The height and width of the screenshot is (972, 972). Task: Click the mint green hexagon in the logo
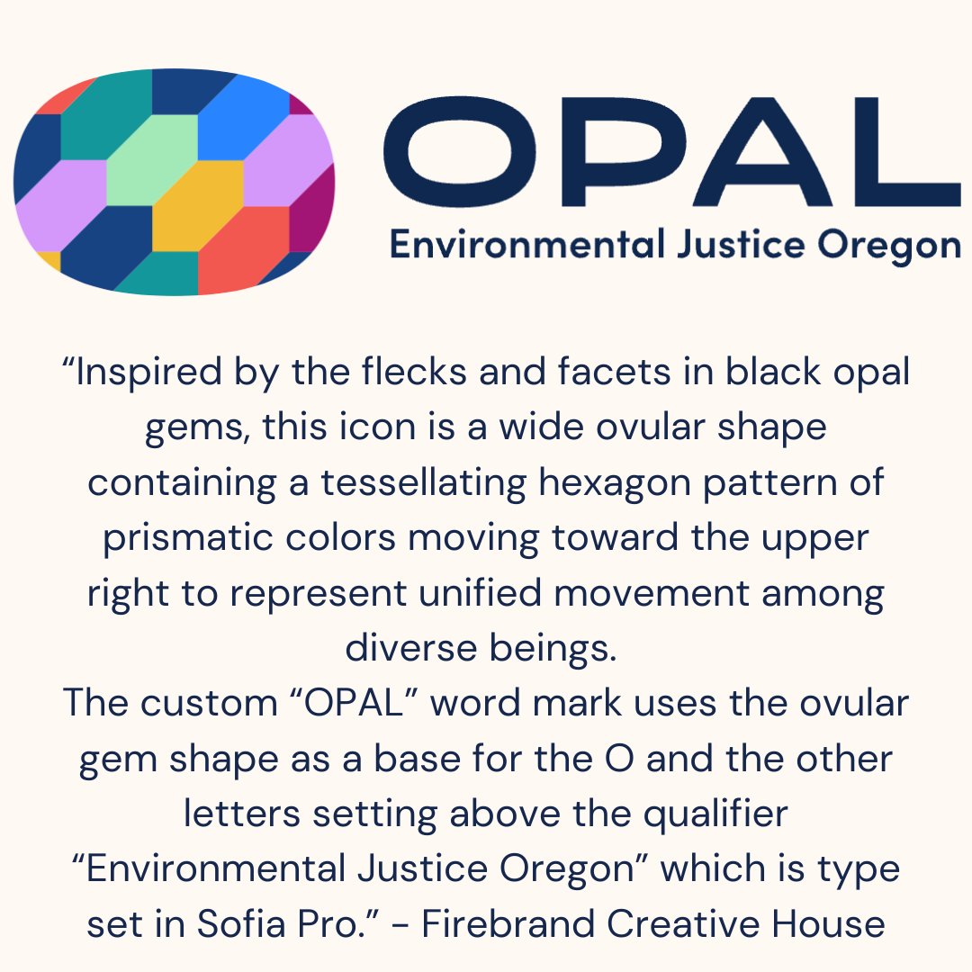pos(151,160)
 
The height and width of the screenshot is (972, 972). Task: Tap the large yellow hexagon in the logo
pos(198,206)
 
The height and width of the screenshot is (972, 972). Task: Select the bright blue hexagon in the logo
pos(243,115)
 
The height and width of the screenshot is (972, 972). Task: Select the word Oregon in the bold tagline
pos(890,246)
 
